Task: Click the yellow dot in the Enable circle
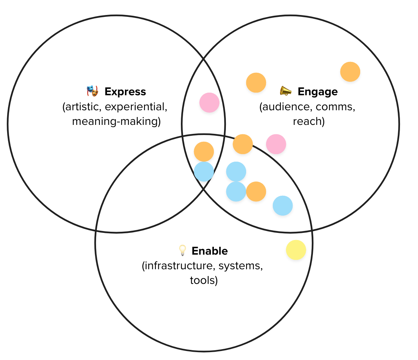(x=296, y=250)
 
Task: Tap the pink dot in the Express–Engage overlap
(x=209, y=103)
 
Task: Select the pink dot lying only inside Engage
(x=276, y=144)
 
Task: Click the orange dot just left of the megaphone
(x=256, y=82)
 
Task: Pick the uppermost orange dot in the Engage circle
(x=350, y=72)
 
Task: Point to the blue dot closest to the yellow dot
(x=283, y=205)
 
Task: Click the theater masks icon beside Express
(x=92, y=91)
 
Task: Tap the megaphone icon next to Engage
(x=286, y=91)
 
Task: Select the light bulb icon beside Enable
(x=182, y=250)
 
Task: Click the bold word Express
(x=125, y=91)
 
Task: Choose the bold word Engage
(x=317, y=91)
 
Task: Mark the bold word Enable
(x=209, y=250)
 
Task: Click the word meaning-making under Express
(x=116, y=121)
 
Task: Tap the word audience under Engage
(x=286, y=106)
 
